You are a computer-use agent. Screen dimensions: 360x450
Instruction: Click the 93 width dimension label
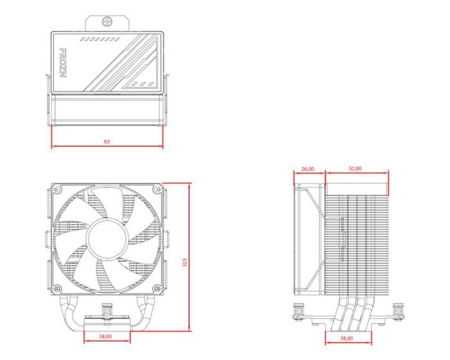[x=106, y=142]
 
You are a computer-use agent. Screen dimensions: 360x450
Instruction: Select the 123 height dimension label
[x=184, y=262]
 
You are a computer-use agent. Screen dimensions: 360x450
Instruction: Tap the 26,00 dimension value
[x=308, y=168]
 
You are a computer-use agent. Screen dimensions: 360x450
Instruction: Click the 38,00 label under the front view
[x=106, y=336]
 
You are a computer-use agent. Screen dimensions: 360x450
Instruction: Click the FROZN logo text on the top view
[x=63, y=63]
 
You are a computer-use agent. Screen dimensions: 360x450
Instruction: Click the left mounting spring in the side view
[x=300, y=314]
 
